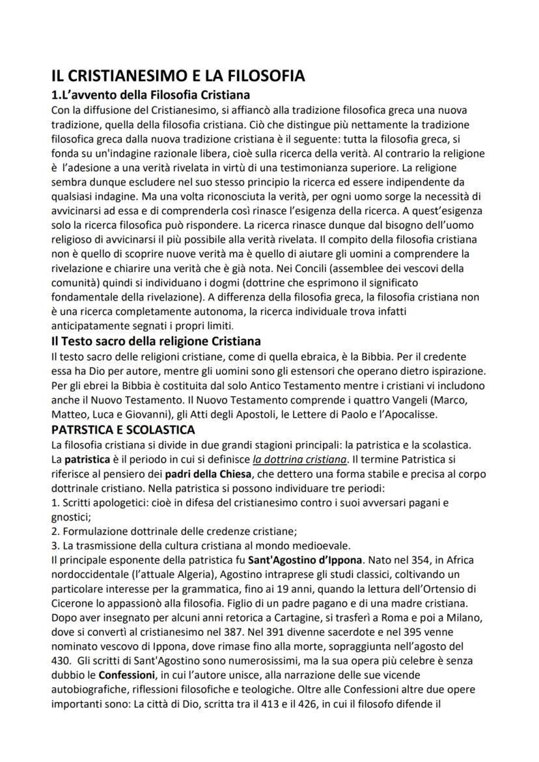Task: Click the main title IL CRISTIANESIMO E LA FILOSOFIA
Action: (x=178, y=76)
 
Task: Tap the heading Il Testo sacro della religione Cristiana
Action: (x=156, y=340)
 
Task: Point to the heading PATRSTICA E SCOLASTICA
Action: (x=123, y=430)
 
